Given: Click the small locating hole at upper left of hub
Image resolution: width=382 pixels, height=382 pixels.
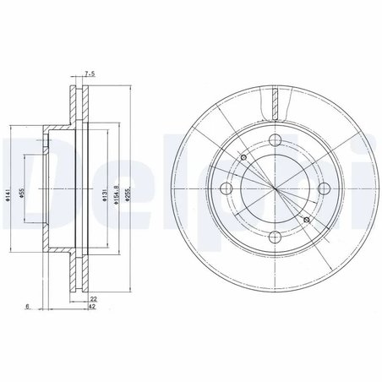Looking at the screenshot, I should (243, 157).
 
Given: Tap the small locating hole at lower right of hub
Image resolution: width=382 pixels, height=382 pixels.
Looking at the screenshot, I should (306, 221).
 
